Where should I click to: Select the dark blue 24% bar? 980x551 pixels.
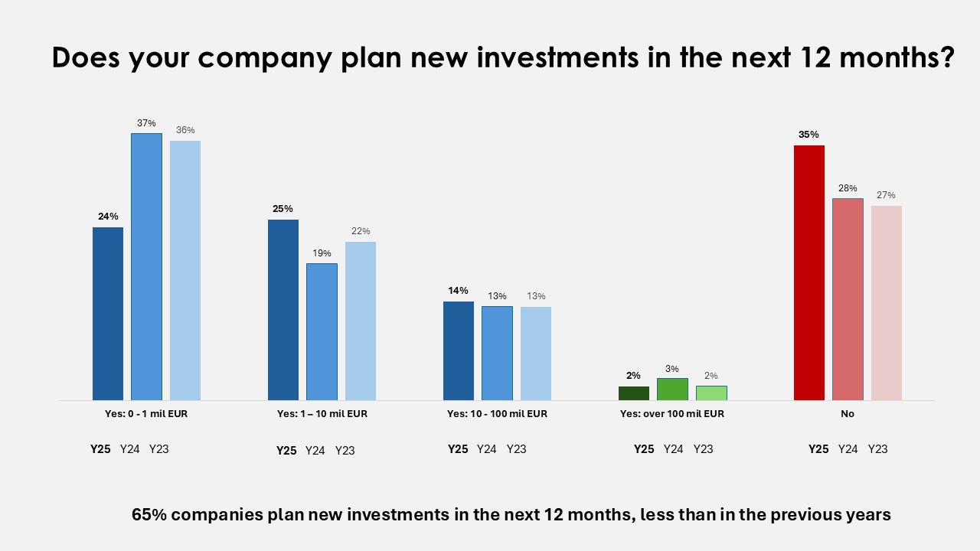[x=108, y=314]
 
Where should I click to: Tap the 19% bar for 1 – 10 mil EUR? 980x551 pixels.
[x=322, y=331]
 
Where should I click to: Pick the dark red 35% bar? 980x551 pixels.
[x=809, y=272]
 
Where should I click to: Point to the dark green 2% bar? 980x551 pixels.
[x=634, y=393]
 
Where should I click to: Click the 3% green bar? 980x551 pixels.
[x=672, y=389]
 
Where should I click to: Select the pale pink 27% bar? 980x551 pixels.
[x=887, y=302]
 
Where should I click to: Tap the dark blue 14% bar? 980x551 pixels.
[x=459, y=350]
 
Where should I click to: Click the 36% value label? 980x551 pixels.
[x=185, y=130]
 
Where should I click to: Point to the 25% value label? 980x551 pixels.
[x=283, y=209]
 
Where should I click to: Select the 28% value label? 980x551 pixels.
[x=848, y=188]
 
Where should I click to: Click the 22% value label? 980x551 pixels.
[x=361, y=231]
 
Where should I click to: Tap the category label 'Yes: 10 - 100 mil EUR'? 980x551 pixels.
[x=497, y=414]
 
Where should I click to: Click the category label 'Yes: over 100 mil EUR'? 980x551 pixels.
[x=672, y=414]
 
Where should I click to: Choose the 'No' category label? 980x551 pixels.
[x=847, y=414]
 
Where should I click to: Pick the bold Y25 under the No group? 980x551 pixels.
[x=818, y=449]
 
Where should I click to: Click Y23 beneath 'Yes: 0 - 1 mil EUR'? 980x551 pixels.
[x=158, y=449]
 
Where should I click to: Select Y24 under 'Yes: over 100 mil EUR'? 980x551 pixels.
[x=673, y=449]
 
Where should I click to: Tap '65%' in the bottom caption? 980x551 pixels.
[x=149, y=515]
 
